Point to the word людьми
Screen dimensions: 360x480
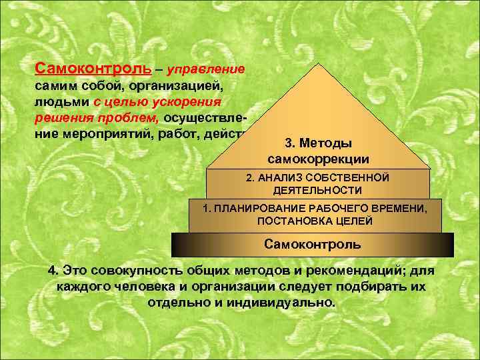(x=59, y=103)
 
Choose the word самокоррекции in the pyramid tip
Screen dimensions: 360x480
(x=318, y=159)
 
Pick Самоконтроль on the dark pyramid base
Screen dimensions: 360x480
(x=313, y=244)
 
